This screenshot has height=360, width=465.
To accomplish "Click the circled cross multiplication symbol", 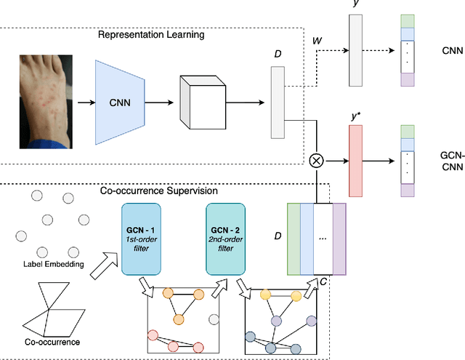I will coord(317,161).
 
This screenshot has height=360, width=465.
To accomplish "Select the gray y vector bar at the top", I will coord(355,52).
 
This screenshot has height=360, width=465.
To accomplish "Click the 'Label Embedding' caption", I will coord(46,265).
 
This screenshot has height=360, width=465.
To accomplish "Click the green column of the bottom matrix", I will coord(294,239).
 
